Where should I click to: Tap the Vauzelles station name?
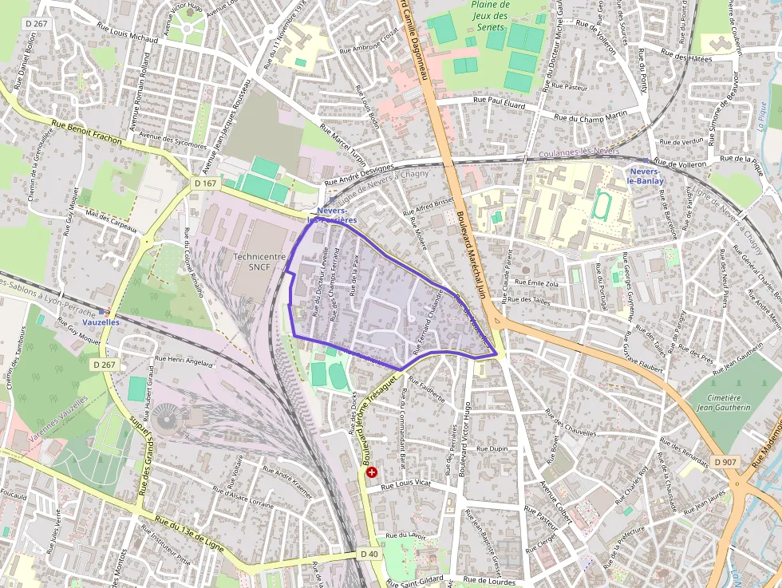tap(101, 321)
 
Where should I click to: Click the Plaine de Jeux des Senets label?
tap(490, 15)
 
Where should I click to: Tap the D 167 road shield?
tap(205, 184)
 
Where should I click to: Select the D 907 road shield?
tap(725, 462)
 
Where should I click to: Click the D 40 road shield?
tap(369, 554)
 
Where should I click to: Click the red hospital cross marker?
tap(371, 472)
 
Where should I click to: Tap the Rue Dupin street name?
tap(492, 449)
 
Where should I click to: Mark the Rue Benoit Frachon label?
tap(86, 132)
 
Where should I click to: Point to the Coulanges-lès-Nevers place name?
tap(579, 152)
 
